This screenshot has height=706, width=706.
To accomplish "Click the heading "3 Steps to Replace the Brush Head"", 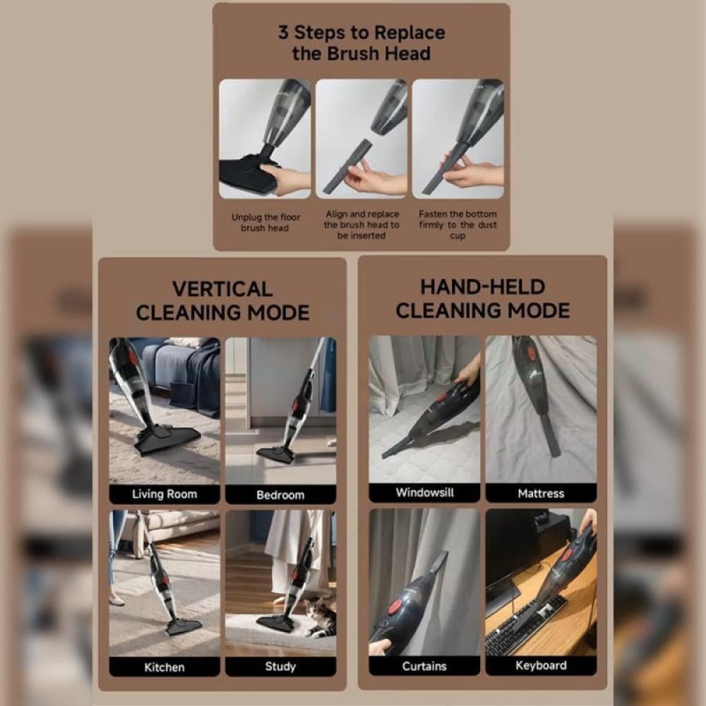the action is (x=361, y=43).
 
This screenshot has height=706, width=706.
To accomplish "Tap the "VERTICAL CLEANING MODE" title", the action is (x=222, y=301).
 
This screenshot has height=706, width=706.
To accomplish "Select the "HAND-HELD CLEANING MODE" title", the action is (x=483, y=299).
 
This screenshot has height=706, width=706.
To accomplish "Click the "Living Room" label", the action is (x=164, y=494).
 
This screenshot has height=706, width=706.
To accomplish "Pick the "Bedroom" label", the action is (x=280, y=495).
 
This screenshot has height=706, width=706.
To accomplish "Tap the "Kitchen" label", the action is (x=164, y=667).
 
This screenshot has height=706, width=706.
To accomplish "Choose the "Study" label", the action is (x=280, y=666).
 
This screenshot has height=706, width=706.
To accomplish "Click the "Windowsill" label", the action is (x=424, y=492).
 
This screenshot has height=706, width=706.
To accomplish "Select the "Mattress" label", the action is (x=541, y=493).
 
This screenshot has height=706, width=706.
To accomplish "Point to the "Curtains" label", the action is (x=424, y=666).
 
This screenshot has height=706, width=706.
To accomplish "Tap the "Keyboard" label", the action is (x=541, y=666).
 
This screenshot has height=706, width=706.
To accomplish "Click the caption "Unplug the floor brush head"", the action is (x=265, y=222).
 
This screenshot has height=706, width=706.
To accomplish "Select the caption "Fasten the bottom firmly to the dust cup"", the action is (x=457, y=225).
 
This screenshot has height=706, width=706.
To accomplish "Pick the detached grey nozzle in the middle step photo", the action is (x=347, y=166).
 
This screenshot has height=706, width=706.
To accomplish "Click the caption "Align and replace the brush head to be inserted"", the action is (x=361, y=225).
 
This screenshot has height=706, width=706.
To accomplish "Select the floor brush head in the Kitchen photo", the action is (x=184, y=626).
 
